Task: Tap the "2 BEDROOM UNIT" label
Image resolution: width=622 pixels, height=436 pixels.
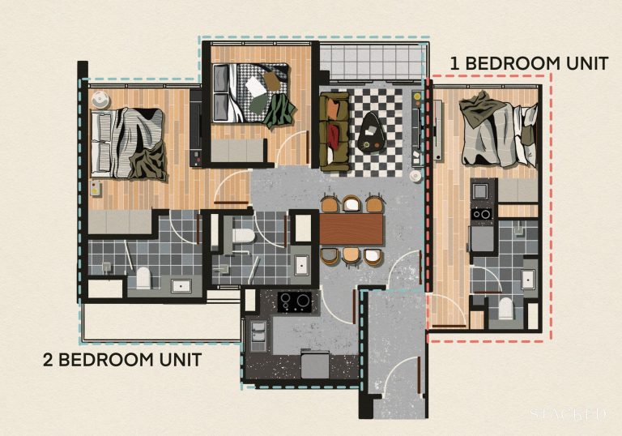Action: [121, 358]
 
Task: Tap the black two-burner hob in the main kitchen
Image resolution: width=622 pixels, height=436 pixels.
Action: [296, 301]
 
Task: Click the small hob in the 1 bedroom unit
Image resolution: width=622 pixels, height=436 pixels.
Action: [483, 216]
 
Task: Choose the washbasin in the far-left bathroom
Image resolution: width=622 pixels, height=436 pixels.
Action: [180, 285]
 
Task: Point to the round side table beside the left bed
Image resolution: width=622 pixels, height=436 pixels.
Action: [100, 100]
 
